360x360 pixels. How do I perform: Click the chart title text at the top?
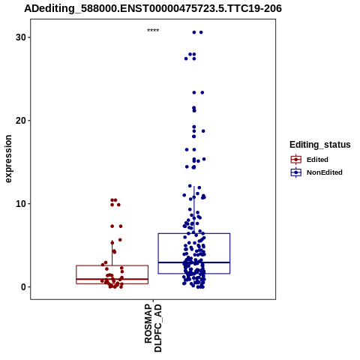[x=153, y=9]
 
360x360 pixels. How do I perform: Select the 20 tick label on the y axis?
[x=21, y=121]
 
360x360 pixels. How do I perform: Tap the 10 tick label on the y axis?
[x=21, y=204]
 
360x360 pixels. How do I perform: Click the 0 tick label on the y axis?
[x=24, y=287]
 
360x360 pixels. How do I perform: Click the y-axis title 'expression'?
[x=8, y=159]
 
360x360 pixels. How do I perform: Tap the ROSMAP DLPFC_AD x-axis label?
[x=153, y=328]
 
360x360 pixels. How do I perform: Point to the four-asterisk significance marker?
[x=153, y=31]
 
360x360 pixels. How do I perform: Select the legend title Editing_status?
[x=320, y=145]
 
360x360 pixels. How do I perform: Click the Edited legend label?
[x=317, y=160]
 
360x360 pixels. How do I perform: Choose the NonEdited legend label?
[x=325, y=172]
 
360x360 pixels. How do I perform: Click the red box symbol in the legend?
[x=296, y=160]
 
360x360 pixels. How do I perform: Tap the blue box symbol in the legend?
[x=296, y=172]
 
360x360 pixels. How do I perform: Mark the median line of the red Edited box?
[x=112, y=279]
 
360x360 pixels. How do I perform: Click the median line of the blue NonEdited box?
[x=194, y=262]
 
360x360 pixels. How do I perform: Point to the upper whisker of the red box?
[x=112, y=253]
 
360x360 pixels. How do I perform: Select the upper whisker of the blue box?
[x=194, y=210]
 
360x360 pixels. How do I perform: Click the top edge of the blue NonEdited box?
[x=194, y=233]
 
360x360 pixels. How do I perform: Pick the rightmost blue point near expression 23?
[x=202, y=92]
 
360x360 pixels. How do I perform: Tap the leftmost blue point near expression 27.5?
[x=186, y=58]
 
